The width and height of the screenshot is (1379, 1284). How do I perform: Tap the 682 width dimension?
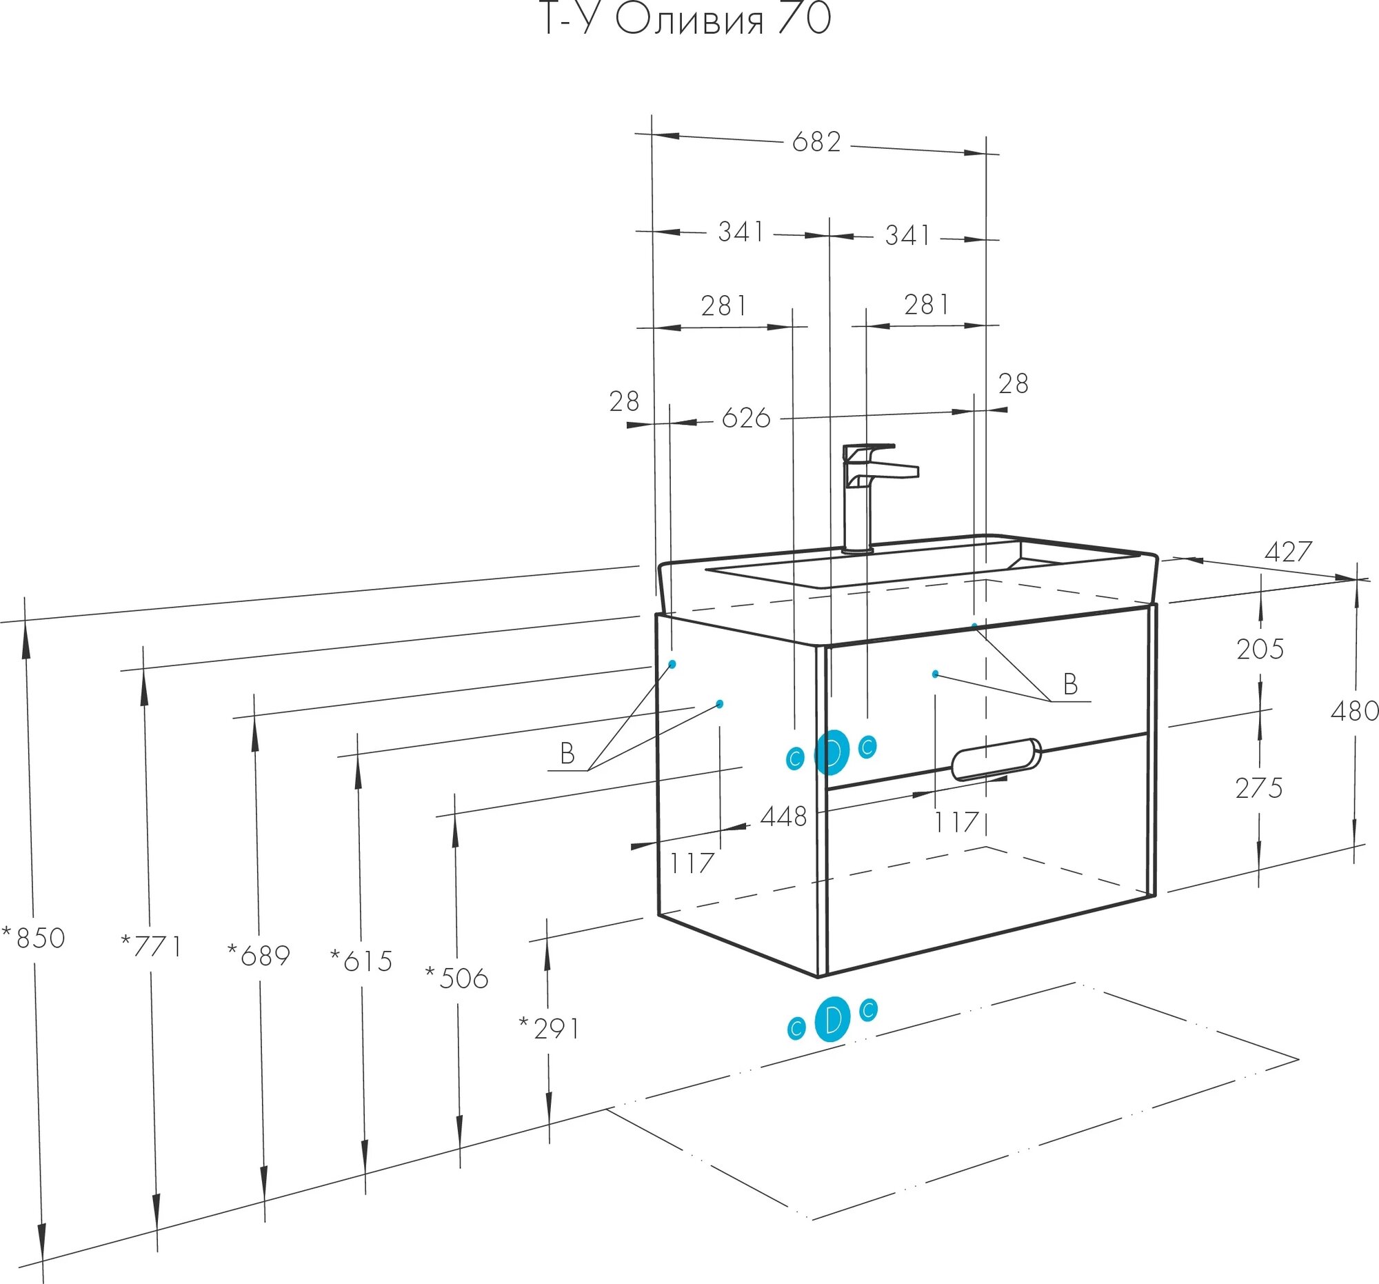coord(816,142)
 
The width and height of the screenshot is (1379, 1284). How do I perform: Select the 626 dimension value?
coord(745,419)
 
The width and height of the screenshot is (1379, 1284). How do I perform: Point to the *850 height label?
coord(34,939)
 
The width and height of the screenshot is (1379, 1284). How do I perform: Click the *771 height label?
coord(151,946)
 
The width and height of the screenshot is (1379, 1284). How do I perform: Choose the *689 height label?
coord(259,956)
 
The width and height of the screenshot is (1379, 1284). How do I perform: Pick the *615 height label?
coord(361,961)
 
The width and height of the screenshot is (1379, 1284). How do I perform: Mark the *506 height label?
coord(457,978)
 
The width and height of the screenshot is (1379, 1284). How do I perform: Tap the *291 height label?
coord(550,1029)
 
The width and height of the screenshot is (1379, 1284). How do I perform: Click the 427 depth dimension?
coord(1288,552)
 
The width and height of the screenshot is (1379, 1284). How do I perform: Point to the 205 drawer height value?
coord(1260,650)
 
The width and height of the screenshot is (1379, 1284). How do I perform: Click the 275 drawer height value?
coord(1259,789)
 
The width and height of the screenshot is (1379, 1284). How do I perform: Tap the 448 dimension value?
coord(783,817)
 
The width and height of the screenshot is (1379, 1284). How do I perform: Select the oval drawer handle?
coord(996,759)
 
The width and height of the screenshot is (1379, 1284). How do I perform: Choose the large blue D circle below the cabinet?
coord(832,1019)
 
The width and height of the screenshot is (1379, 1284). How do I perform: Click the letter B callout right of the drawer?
coord(1070,685)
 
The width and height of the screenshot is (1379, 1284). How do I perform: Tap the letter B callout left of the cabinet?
coord(567,753)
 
